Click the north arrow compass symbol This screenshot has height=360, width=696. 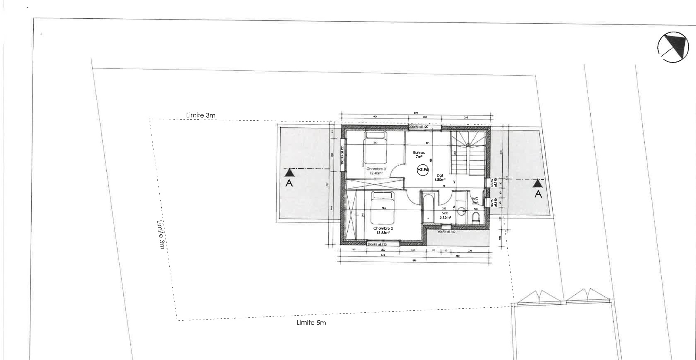point(673,47)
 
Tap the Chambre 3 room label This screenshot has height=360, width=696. point(376,171)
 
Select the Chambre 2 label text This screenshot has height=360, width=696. point(383,231)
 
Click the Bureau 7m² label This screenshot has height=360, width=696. point(419,155)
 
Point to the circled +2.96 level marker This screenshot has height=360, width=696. point(423,169)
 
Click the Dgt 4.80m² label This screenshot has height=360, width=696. point(440,178)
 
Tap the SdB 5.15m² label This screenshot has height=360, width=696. point(445,215)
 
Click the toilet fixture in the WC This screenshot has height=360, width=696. point(476,218)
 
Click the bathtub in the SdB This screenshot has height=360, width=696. point(428,208)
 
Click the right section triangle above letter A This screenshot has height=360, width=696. point(537,183)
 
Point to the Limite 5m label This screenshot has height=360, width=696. point(311,323)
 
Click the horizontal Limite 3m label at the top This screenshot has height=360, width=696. point(201,115)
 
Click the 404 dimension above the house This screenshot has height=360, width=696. point(375,117)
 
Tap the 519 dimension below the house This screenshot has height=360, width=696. point(383,255)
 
